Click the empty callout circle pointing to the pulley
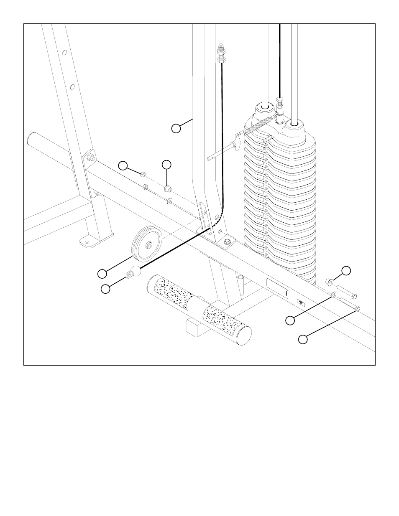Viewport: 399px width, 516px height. pyautogui.click(x=102, y=274)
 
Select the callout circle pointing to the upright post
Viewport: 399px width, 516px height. pyautogui.click(x=176, y=128)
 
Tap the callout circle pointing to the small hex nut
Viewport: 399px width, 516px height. pyautogui.click(x=123, y=165)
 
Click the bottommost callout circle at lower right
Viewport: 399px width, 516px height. pyautogui.click(x=303, y=339)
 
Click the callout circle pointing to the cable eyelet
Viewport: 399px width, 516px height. pyautogui.click(x=106, y=289)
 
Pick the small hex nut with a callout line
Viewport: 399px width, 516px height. pyautogui.click(x=143, y=174)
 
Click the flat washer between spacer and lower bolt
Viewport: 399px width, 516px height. pyautogui.click(x=334, y=295)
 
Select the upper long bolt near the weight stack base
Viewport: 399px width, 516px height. pyautogui.click(x=345, y=290)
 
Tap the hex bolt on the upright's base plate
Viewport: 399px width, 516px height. pyautogui.click(x=227, y=241)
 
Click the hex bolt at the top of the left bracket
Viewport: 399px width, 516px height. pyautogui.click(x=90, y=158)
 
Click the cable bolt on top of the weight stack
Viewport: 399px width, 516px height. pyautogui.click(x=280, y=101)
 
